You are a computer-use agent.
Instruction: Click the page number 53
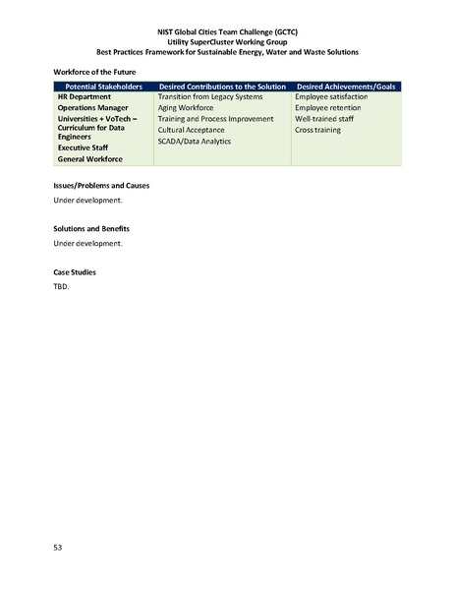pyautogui.click(x=57, y=545)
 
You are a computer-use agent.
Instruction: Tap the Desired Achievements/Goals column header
pyautogui.click(x=345, y=87)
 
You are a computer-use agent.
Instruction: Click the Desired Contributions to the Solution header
pyautogui.click(x=222, y=87)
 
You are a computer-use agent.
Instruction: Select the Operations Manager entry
pyautogui.click(x=96, y=108)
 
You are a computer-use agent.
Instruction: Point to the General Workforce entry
pyautogui.click(x=93, y=158)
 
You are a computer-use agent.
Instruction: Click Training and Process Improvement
pyautogui.click(x=216, y=119)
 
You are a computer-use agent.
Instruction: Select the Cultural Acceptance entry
pyautogui.click(x=191, y=130)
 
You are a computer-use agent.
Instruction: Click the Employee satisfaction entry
pyautogui.click(x=331, y=97)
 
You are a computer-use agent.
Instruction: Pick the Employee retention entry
pyautogui.click(x=326, y=108)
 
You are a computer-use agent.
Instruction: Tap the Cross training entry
pyautogui.click(x=317, y=130)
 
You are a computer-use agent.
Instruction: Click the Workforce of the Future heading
pyautogui.click(x=94, y=72)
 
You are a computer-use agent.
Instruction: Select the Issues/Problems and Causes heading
pyautogui.click(x=101, y=186)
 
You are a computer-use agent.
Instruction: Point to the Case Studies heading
pyautogui.click(x=74, y=271)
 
